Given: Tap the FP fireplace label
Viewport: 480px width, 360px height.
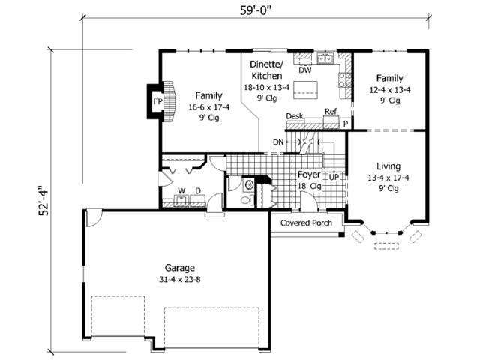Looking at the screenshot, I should pyautogui.click(x=158, y=101).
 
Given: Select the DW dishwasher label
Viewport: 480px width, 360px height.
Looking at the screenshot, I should pyautogui.click(x=304, y=70).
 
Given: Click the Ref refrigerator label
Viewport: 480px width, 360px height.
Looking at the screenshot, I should pyautogui.click(x=330, y=112).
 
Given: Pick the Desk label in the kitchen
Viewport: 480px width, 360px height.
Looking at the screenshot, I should pyautogui.click(x=295, y=117).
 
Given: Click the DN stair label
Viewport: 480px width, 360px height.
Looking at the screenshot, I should pyautogui.click(x=278, y=142).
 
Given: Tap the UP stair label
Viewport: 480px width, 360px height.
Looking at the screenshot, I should pyautogui.click(x=334, y=176).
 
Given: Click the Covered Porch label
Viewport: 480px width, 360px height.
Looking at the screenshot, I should pyautogui.click(x=306, y=223).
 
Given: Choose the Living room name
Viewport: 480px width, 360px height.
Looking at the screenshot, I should pyautogui.click(x=388, y=166).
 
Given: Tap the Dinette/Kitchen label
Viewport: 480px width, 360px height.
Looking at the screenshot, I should pyautogui.click(x=266, y=70).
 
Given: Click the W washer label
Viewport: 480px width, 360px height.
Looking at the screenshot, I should pyautogui.click(x=181, y=191).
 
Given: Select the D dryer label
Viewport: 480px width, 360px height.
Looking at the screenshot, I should pyautogui.click(x=197, y=191).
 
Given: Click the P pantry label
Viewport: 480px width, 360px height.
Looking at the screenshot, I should pyautogui.click(x=346, y=122).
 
